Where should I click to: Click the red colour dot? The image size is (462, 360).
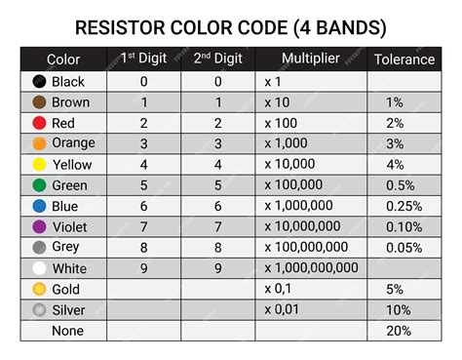[39, 123]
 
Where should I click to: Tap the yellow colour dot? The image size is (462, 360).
[39, 165]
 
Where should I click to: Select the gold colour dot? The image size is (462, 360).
[39, 289]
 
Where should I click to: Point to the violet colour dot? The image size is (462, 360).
[39, 226]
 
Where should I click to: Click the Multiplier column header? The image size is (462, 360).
[310, 59]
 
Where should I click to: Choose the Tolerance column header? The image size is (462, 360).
[404, 60]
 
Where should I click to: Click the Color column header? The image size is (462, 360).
[63, 60]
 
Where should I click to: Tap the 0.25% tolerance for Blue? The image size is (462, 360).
[404, 206]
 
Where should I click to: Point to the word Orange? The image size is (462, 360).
[73, 143]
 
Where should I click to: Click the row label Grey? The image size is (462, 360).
[67, 247]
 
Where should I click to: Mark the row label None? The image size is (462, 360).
[68, 331]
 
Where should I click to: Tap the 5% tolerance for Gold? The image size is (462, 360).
[394, 289]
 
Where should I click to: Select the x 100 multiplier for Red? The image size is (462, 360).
[284, 123]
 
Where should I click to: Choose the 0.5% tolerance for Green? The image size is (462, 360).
[399, 185]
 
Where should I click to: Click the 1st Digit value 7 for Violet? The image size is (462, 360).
[144, 226]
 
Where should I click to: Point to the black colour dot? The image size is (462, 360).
[39, 82]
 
